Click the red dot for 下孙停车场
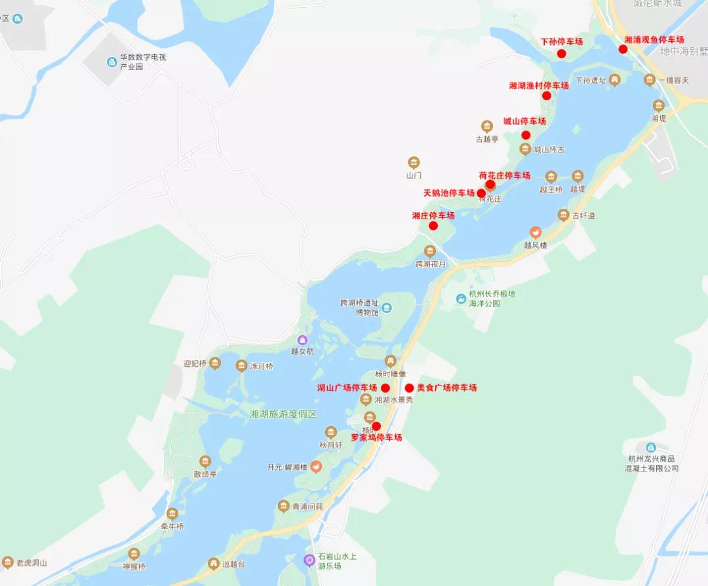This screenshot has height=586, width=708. click(561, 54)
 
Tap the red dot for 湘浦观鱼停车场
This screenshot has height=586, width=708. click(623, 49)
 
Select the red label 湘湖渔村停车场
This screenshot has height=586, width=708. click(538, 86)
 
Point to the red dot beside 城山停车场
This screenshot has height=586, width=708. click(526, 136)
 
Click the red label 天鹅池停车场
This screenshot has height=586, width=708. click(448, 193)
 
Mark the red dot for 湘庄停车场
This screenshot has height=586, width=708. click(433, 226)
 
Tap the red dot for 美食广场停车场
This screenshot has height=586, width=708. click(409, 388)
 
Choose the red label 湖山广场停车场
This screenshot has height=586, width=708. click(347, 388)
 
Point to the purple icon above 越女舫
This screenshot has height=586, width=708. click(302, 340)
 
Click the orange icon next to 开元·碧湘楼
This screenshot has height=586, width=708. click(316, 467)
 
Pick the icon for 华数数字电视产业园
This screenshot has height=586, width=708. click(111, 62)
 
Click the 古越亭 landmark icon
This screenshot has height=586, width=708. click(486, 126)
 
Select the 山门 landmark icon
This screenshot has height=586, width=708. click(413, 162)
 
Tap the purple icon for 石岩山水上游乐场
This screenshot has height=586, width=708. click(309, 560)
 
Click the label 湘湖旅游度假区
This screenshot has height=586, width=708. click(283, 414)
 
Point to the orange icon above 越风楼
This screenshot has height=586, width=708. click(536, 232)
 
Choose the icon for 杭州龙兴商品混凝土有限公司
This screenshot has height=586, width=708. click(650, 447)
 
